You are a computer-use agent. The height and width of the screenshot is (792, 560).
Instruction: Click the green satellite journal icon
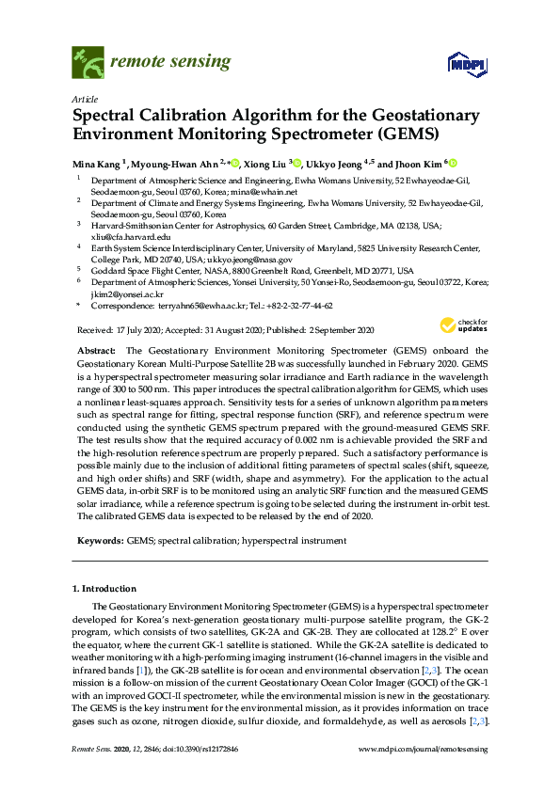click(88, 63)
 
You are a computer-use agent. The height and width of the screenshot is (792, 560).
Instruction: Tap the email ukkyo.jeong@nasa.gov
click(252, 259)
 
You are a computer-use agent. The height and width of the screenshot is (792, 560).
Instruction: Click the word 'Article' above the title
click(84, 99)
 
